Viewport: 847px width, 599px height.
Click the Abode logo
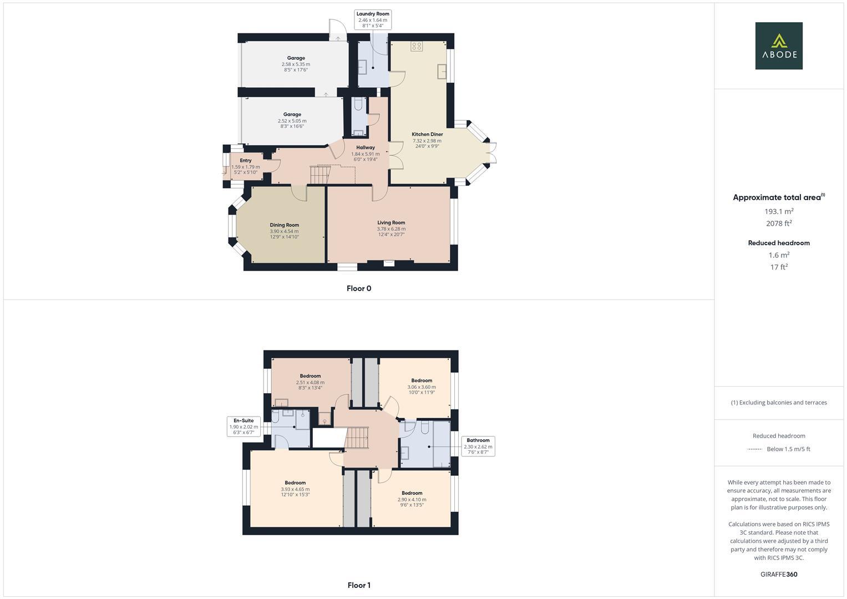778,45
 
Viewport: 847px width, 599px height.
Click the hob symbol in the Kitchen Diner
417,47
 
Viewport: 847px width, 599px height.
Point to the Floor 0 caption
358,288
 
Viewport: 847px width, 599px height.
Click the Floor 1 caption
358,585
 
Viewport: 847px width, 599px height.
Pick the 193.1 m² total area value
778,211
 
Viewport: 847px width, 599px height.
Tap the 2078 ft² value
778,224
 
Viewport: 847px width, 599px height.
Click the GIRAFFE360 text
778,575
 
